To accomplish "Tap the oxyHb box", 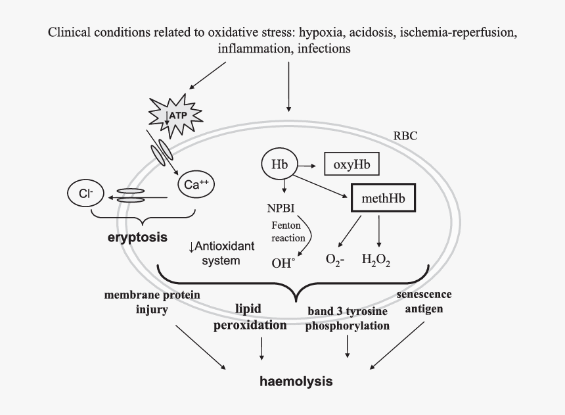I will point(352,164).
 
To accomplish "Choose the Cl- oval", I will point(87,194).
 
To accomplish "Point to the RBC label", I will point(405,136).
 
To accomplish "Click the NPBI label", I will point(281,208).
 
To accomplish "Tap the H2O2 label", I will point(376,260).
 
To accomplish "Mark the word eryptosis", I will point(137,236).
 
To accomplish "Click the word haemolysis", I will point(296,381).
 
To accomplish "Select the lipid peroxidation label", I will point(250,316).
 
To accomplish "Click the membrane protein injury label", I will point(152,301).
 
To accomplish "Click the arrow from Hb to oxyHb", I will point(309,164).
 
